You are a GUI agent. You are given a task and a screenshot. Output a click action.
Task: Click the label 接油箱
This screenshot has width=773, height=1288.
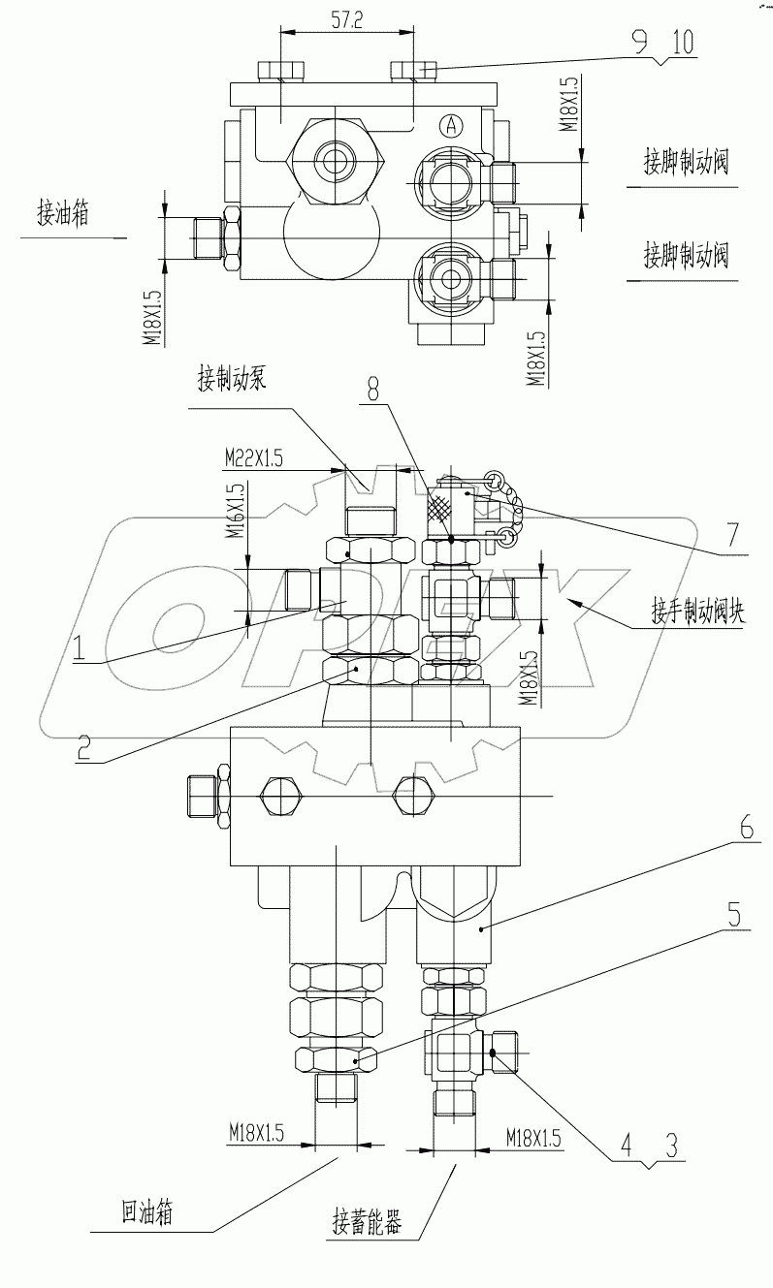(63, 215)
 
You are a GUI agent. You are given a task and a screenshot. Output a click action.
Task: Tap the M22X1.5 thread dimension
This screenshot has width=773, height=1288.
(255, 456)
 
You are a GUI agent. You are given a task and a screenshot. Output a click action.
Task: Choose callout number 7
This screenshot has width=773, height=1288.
(733, 533)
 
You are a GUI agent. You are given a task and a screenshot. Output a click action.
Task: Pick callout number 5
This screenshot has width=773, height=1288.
(733, 912)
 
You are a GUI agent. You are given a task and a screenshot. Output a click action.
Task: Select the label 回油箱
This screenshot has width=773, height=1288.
(147, 1211)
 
